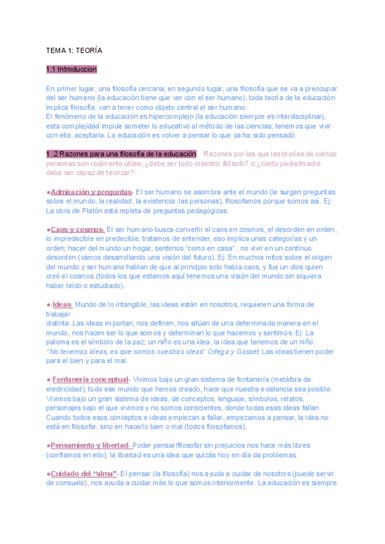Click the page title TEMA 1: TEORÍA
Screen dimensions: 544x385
[74, 49]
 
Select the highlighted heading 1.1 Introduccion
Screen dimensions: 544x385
[71, 69]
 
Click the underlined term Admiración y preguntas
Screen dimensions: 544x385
[91, 192]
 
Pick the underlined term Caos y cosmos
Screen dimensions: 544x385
[77, 229]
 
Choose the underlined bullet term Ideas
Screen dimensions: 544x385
[62, 304]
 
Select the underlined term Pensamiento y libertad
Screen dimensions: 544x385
[90, 445]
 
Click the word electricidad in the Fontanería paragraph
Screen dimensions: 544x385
[65, 389]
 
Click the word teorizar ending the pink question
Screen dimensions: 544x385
[116, 173]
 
